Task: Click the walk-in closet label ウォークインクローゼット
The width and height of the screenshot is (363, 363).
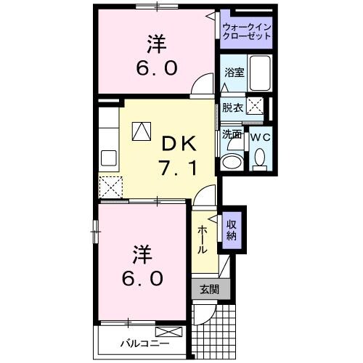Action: (x=246, y=30)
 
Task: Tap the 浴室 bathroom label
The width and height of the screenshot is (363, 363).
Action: (x=234, y=73)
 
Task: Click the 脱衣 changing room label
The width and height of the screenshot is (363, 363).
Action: (x=232, y=107)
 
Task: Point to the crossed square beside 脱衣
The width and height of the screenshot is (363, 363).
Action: (x=255, y=106)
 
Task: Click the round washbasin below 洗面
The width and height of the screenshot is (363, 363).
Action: (x=232, y=161)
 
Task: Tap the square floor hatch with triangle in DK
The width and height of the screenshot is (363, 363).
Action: (x=141, y=131)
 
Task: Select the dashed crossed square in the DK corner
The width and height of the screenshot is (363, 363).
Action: (x=111, y=187)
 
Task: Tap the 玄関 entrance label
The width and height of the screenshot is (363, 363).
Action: (x=209, y=288)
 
